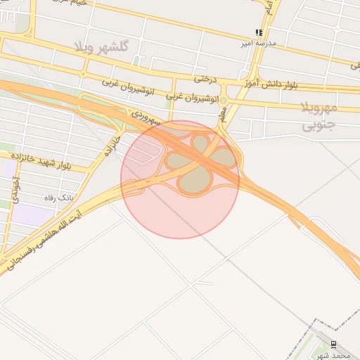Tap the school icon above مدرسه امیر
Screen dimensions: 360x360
259,32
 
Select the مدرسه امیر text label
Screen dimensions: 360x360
259,43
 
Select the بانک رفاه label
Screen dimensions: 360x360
59,198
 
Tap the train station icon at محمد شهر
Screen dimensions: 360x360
333,345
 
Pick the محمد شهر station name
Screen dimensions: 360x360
332,355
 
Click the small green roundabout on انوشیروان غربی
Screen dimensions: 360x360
224,101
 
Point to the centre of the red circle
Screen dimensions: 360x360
180,179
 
